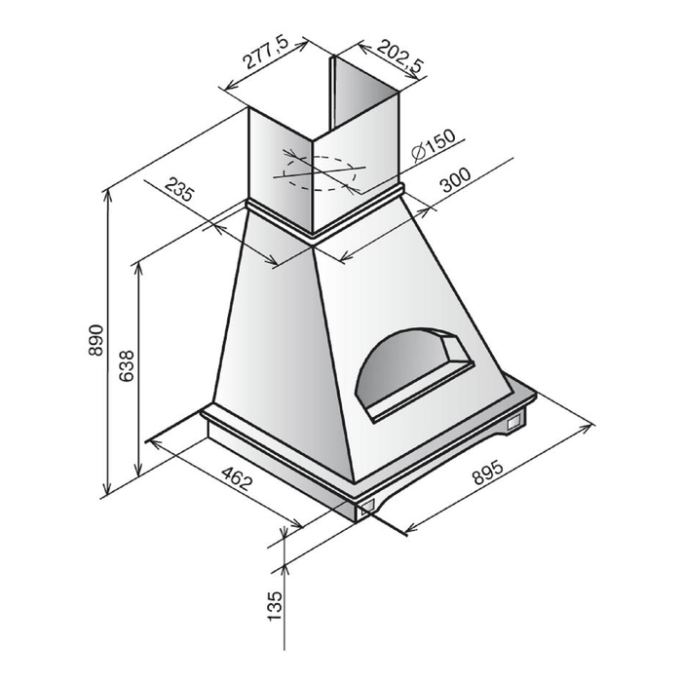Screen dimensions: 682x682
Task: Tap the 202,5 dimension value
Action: point(399,56)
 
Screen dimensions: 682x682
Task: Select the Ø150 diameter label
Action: point(434,145)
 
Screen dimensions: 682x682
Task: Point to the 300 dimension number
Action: point(455,179)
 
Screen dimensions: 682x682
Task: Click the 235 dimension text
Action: point(178,189)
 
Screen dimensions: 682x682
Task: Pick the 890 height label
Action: point(95,340)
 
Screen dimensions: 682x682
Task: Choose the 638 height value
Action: point(127,366)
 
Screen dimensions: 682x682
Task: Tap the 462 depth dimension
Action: point(237,478)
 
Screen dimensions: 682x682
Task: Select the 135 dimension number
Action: point(275,606)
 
